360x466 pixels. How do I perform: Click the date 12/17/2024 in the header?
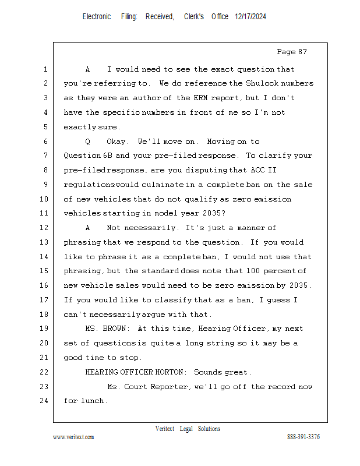click(250, 17)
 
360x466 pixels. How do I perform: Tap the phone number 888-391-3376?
click(303, 437)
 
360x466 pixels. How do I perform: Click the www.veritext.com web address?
click(73, 437)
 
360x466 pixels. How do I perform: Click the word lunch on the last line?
click(96, 401)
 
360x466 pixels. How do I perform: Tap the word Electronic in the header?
click(97, 17)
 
